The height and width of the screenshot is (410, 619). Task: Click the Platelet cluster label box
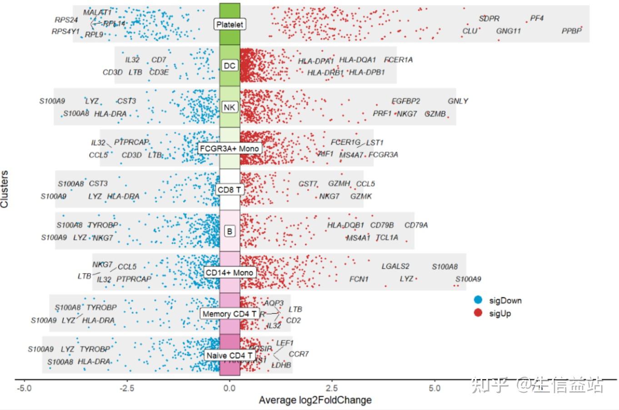(230, 24)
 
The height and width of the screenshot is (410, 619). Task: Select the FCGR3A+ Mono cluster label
(230, 148)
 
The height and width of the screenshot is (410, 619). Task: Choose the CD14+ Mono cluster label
(230, 273)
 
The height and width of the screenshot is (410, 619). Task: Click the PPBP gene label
(571, 31)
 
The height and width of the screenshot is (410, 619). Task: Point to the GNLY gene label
(458, 101)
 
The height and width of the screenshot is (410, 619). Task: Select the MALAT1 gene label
(97, 12)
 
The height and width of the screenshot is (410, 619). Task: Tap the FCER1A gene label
(398, 60)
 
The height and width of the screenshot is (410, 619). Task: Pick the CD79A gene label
(416, 225)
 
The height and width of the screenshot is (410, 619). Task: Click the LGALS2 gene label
(395, 266)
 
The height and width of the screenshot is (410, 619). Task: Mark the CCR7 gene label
(299, 354)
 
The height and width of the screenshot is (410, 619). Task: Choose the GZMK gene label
(361, 196)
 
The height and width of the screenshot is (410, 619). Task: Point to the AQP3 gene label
(274, 303)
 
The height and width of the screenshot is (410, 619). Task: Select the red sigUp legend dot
(478, 313)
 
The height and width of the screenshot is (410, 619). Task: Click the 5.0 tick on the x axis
(435, 388)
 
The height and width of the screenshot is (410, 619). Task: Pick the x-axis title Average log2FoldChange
(315, 400)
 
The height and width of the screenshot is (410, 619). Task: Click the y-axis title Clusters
(5, 189)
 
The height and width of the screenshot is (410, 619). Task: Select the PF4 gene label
(537, 19)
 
